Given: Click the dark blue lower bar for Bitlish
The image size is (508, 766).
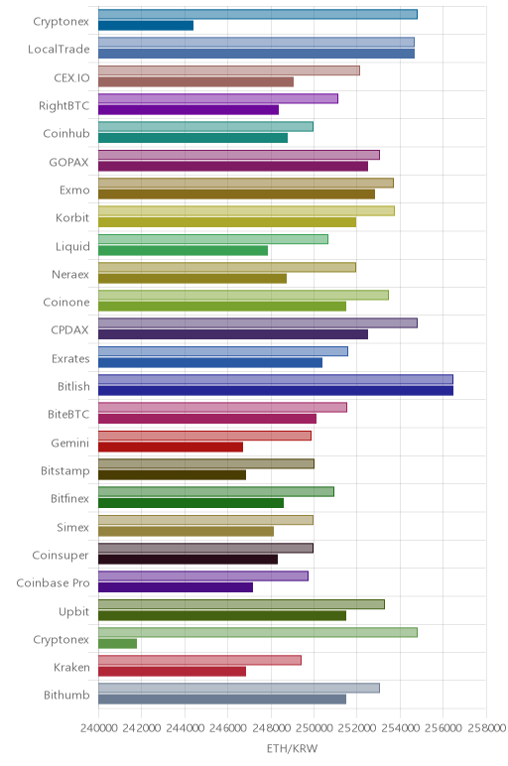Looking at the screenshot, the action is pyautogui.click(x=276, y=391).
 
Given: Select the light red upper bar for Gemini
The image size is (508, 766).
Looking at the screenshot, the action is pyautogui.click(x=204, y=436).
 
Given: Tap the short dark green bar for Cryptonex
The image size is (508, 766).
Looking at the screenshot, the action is pyautogui.click(x=117, y=644).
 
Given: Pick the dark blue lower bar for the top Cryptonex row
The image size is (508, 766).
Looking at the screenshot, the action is pyautogui.click(x=146, y=26).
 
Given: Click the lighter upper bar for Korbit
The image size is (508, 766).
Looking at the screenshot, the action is pyautogui.click(x=246, y=211).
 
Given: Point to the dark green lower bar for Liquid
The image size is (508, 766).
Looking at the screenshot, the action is pyautogui.click(x=183, y=251).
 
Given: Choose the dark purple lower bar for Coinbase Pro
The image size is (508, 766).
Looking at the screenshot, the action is pyautogui.click(x=176, y=587).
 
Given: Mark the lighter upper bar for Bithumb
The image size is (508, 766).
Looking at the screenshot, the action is pyautogui.click(x=239, y=689).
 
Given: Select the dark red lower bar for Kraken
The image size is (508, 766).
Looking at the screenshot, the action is pyautogui.click(x=172, y=672).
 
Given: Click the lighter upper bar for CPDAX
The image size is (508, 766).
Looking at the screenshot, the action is pyautogui.click(x=257, y=322).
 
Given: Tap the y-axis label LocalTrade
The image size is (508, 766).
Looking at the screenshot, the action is pyautogui.click(x=59, y=50).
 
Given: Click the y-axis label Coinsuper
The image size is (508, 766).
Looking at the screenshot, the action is pyautogui.click(x=61, y=556).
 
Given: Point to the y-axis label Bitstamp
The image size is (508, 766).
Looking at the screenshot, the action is pyautogui.click(x=64, y=471).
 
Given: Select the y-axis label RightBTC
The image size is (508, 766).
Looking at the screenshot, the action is pyautogui.click(x=63, y=106).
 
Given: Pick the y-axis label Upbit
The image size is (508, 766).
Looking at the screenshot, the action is pyautogui.click(x=74, y=611).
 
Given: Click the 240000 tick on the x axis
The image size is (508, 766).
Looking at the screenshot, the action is pyautogui.click(x=98, y=728).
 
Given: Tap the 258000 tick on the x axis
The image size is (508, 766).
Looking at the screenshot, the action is pyautogui.click(x=486, y=728).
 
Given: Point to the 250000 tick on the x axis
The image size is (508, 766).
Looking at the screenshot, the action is pyautogui.click(x=315, y=728).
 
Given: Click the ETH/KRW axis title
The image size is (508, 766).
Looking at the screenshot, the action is pyautogui.click(x=292, y=748).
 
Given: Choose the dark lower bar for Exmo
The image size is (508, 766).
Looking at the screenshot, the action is pyautogui.click(x=236, y=194).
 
